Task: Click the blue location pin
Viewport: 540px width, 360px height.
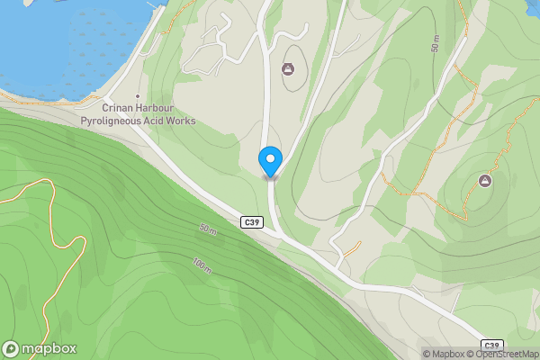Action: [x=270, y=161]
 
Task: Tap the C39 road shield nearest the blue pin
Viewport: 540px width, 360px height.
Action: [x=252, y=221]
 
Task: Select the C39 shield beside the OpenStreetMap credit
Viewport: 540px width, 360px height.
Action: [x=490, y=345]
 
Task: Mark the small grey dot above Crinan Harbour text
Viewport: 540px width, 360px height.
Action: [x=138, y=96]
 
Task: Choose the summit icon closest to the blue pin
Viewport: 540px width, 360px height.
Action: [x=289, y=68]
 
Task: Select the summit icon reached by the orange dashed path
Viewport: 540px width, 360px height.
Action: [x=485, y=181]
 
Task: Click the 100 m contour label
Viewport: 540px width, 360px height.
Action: [x=202, y=266]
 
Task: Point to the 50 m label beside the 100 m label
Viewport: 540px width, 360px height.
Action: [x=207, y=230]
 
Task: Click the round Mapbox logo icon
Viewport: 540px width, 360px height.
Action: [x=12, y=349]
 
